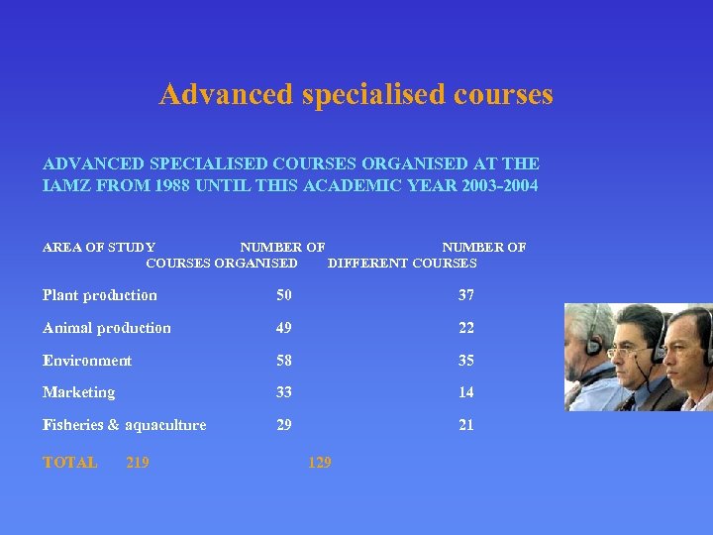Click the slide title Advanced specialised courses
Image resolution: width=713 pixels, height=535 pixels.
pos(356,95)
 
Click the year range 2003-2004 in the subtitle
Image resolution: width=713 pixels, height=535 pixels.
pos(500,185)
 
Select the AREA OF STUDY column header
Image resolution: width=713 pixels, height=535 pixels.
pos(99,247)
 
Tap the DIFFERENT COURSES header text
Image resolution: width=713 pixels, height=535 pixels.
pos(402,264)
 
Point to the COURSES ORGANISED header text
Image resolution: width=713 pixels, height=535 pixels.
pos(222,264)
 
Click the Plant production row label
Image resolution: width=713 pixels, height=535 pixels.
pos(100,295)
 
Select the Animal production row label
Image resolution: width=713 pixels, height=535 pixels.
pos(107,328)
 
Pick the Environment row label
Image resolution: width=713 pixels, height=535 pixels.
pos(87,361)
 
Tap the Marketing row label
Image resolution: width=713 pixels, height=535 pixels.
pos(79,392)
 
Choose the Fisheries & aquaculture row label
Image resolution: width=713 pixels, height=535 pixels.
pos(125,425)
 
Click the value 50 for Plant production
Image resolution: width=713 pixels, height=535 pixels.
pos(284,295)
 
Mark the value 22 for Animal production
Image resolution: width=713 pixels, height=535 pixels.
pos(465,328)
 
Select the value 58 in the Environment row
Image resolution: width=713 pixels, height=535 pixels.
pos(284,361)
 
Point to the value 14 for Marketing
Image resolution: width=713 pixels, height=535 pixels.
pos(465,392)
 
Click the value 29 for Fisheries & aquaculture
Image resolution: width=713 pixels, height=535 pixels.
pos(284,425)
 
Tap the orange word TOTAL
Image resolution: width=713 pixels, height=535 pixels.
pos(70,463)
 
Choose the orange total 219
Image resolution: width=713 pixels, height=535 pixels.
pos(138,463)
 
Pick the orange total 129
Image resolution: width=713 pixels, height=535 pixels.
pos(320,463)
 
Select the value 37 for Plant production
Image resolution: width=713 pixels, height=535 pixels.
pos(465,295)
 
